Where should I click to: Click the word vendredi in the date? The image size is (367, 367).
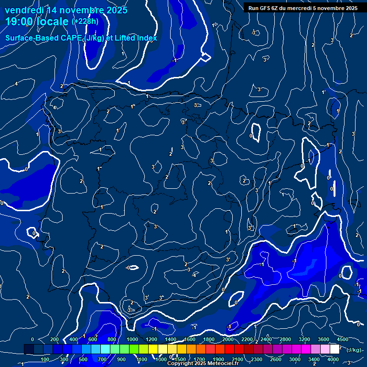pyautogui.click(x=22, y=10)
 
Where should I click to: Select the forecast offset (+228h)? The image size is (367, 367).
pyautogui.click(x=85, y=22)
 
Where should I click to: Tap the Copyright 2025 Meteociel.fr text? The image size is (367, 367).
pyautogui.click(x=203, y=364)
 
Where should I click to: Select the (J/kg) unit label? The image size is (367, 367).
pyautogui.click(x=353, y=350)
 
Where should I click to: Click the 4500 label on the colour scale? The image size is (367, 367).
pyautogui.click(x=343, y=339)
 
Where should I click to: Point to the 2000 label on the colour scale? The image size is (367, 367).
pyautogui.click(x=228, y=339)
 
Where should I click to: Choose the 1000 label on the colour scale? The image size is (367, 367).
pyautogui.click(x=132, y=339)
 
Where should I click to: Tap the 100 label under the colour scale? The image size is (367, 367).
pyautogui.click(x=45, y=359)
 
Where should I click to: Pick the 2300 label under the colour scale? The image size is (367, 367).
pyautogui.click(x=257, y=359)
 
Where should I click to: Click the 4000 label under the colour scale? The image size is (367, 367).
pyautogui.click(x=333, y=359)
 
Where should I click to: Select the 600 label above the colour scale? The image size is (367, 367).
pyautogui.click(x=93, y=339)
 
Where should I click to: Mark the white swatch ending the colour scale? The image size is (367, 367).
pyautogui.click(x=335, y=349)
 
